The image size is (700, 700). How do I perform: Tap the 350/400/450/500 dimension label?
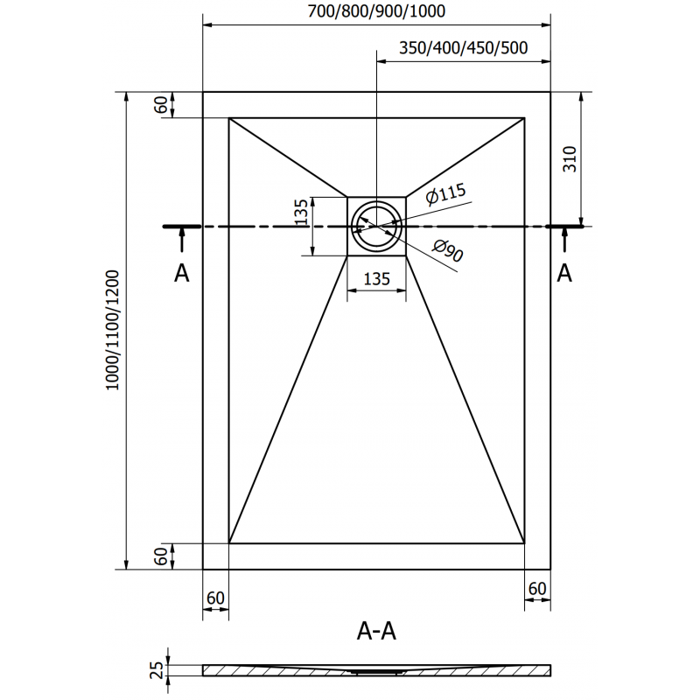coord(463,49)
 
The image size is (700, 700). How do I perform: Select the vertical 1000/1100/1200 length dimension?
coord(113,330)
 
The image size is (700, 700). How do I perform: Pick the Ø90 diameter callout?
coord(447,251)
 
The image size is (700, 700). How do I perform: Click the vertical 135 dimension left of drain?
coord(301,213)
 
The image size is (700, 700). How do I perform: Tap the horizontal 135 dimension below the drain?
coord(376,280)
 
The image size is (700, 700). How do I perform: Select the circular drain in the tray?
coord(376,226)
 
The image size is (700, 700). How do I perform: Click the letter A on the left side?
coord(181,273)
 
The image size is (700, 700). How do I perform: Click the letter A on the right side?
coord(564,273)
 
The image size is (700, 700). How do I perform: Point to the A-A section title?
coord(377,630)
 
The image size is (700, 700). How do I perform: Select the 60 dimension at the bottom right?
coord(537,588)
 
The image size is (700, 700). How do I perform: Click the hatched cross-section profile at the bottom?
coord(376,670)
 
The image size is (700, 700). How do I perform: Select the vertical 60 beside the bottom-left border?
coord(160,555)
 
